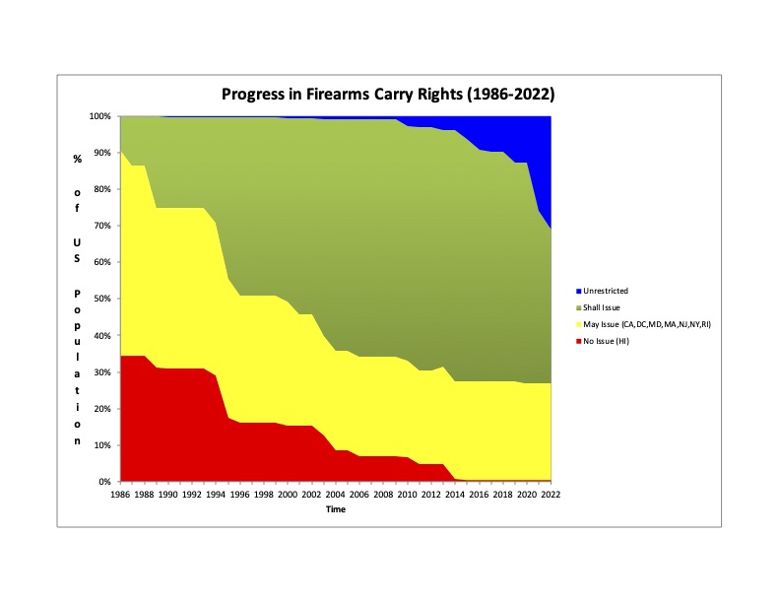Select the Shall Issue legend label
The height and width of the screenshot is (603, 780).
[x=601, y=307]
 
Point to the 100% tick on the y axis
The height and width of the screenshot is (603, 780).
[x=99, y=116]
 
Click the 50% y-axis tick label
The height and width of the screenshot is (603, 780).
[x=101, y=299]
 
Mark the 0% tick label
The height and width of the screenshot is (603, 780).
[x=104, y=482]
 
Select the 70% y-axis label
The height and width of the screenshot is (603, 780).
[x=101, y=226]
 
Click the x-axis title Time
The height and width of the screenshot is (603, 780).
[x=336, y=509]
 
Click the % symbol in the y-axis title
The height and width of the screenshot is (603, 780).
[x=77, y=159]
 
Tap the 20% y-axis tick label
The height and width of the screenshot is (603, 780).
[x=101, y=409]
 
